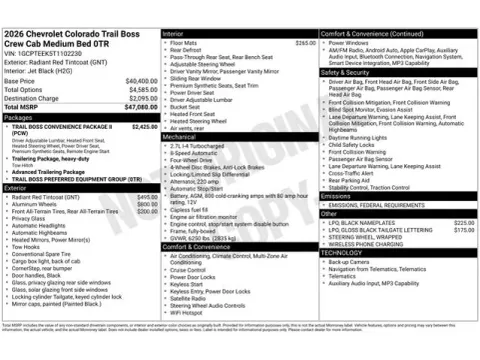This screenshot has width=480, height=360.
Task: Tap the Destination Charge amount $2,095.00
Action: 142,97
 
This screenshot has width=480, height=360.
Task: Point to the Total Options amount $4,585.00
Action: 142,89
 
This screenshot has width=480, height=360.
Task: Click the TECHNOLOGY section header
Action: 342,252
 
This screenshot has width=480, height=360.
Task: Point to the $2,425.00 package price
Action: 144,127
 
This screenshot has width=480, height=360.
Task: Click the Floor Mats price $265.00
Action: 302,44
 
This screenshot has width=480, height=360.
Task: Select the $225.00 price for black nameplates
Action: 463,222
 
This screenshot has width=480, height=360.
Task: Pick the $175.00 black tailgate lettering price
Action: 463,229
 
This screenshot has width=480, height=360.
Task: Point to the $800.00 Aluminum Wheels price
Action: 146,204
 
